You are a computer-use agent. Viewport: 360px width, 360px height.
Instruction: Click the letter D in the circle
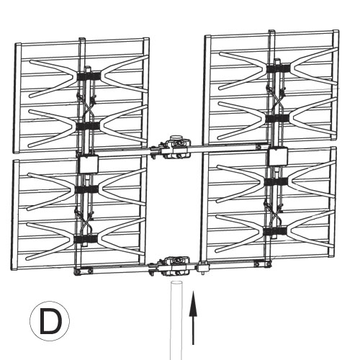50,321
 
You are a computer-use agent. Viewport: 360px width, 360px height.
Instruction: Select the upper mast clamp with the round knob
176,147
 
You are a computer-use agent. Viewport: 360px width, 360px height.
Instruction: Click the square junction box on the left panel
89,164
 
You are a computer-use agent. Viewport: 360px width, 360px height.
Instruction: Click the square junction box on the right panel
278,156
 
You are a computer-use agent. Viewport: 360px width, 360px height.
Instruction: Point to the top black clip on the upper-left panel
89,76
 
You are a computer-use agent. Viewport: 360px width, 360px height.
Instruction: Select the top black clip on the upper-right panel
278,68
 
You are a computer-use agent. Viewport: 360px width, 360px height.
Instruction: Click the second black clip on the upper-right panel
277,118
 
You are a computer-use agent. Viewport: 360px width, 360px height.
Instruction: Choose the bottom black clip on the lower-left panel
86,239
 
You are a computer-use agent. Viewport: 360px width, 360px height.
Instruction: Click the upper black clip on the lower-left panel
86,189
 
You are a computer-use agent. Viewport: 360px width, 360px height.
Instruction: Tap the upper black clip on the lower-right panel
276,181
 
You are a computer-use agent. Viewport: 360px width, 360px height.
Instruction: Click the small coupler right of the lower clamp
203,267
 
